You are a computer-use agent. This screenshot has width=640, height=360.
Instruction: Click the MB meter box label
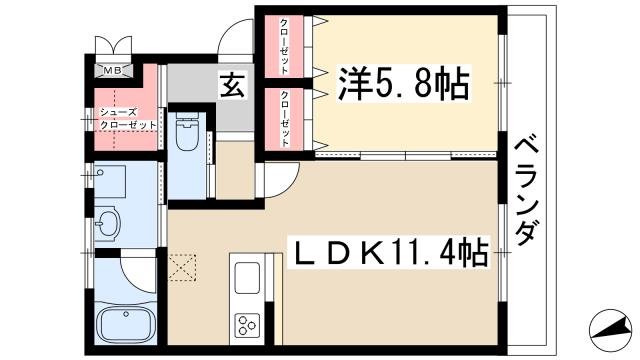[x=114, y=71]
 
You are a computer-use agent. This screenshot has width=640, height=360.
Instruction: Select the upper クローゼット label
[x=285, y=46]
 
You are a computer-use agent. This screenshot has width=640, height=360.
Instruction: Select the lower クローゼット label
[x=285, y=119]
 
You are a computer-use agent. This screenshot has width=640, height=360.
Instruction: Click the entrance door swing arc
[x=237, y=48]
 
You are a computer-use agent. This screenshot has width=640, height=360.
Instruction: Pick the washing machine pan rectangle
[x=110, y=181]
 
